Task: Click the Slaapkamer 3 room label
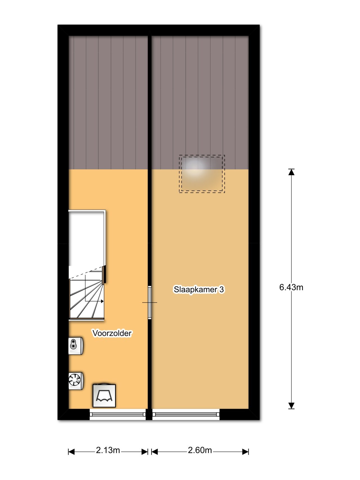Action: (199, 289)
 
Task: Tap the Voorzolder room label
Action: (112, 333)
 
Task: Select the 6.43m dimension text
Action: (291, 287)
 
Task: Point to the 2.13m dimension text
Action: (108, 450)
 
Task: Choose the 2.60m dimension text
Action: (200, 450)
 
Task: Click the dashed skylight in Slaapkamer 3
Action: (202, 174)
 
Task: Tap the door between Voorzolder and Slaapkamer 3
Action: (150, 302)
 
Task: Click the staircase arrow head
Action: (102, 301)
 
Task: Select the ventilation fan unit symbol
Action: (76, 381)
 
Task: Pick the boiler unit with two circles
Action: (76, 346)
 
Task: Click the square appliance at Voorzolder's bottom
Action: (104, 396)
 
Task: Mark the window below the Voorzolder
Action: (117, 414)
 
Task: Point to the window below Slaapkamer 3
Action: (186, 414)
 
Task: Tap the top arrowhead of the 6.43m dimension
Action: (291, 172)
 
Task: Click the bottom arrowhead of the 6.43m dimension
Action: (291, 406)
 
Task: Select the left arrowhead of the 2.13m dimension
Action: (71, 452)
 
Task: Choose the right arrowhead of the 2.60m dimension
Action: (246, 452)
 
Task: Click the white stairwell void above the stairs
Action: (86, 239)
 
